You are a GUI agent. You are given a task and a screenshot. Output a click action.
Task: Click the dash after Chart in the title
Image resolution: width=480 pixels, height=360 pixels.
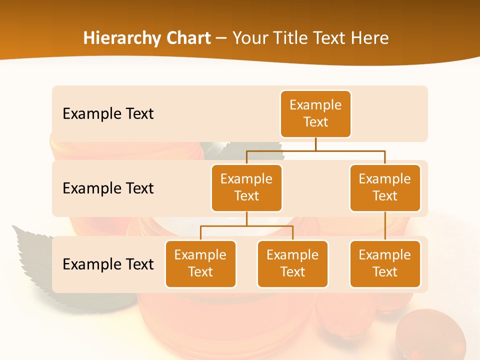[221, 39]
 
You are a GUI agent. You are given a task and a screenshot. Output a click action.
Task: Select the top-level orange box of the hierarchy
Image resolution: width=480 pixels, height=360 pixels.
[315, 113]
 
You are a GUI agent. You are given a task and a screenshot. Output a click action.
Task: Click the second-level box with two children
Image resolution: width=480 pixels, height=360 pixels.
[246, 187]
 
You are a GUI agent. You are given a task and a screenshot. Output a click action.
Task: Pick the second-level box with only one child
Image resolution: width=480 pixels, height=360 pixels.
[385, 187]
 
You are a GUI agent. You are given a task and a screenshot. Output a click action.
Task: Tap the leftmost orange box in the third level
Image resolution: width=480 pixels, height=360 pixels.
[200, 263]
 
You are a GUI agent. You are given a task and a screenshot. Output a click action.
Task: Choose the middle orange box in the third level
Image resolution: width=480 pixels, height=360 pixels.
[292, 263]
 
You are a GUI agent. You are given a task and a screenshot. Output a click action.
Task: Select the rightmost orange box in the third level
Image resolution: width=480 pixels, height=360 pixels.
[385, 263]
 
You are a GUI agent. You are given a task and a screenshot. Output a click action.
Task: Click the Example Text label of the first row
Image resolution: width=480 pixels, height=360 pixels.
[108, 114]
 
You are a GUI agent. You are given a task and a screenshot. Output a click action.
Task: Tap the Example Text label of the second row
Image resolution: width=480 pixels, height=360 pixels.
[108, 188]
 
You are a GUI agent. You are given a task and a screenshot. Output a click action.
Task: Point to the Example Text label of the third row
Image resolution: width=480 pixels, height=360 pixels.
[108, 264]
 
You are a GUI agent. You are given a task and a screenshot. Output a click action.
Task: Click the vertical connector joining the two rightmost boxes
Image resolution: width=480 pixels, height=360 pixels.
[385, 226]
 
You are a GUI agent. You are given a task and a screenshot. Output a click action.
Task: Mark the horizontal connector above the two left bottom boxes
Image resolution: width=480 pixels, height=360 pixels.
[246, 226]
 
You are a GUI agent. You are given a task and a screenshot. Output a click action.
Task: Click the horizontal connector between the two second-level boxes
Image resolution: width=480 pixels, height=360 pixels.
[315, 150]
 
